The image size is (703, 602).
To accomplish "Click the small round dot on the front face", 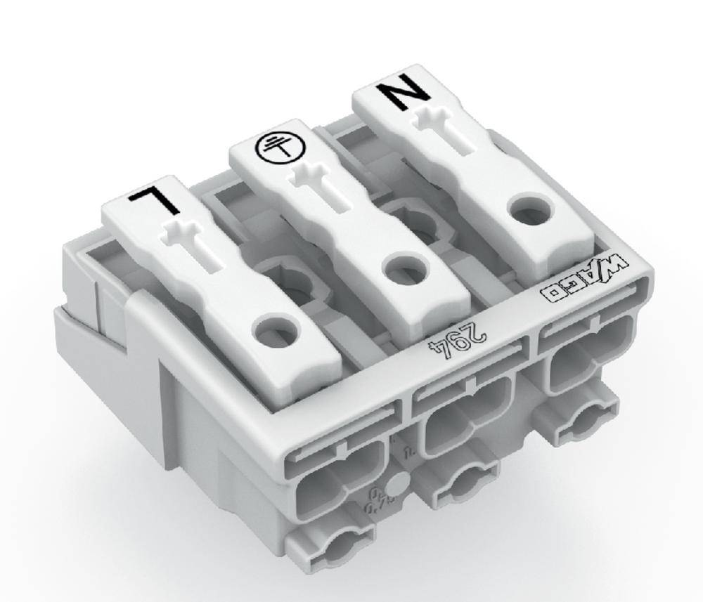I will click(397, 485).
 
